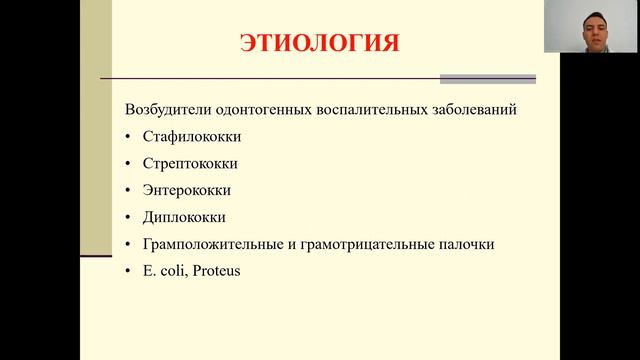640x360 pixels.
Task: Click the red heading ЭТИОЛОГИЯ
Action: [319, 44]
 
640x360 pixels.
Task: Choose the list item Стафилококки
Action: [192, 136]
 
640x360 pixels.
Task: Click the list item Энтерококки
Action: [188, 190]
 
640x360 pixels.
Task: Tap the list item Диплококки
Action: [185, 217]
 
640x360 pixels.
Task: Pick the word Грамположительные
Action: [215, 244]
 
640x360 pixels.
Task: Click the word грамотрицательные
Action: [370, 244]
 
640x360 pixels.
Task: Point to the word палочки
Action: [467, 244]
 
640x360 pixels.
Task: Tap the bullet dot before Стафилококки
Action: [129, 137]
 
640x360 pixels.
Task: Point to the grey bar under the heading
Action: [488, 79]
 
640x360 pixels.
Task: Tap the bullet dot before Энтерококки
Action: [129, 191]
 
